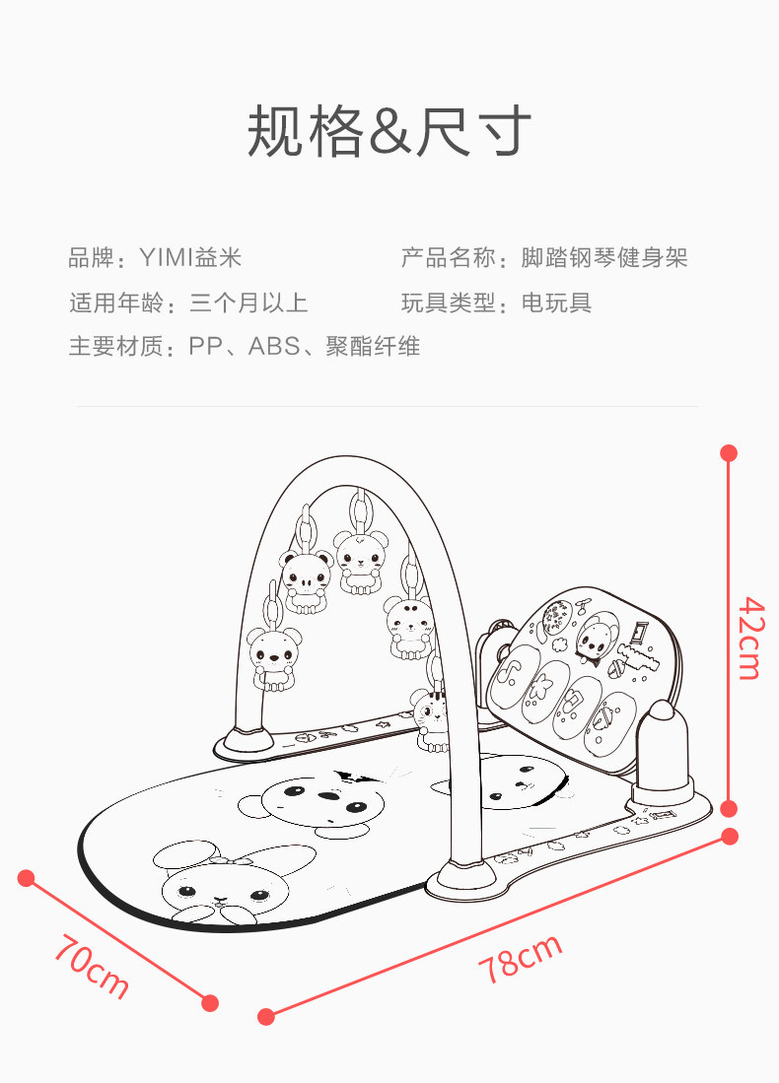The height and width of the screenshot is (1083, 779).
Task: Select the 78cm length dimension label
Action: coord(520,958)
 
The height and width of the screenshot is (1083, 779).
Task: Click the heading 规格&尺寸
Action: coord(389,131)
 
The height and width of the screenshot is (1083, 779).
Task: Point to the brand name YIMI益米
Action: coord(190,259)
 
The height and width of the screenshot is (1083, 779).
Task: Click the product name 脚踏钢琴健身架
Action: coord(603,259)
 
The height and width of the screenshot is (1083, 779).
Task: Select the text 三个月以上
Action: coord(248,304)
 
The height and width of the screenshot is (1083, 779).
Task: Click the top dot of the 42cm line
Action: coord(729,453)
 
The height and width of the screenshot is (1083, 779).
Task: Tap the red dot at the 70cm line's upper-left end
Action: coord(27,878)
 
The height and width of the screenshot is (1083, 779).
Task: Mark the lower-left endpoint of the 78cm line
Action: coord(265,1016)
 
